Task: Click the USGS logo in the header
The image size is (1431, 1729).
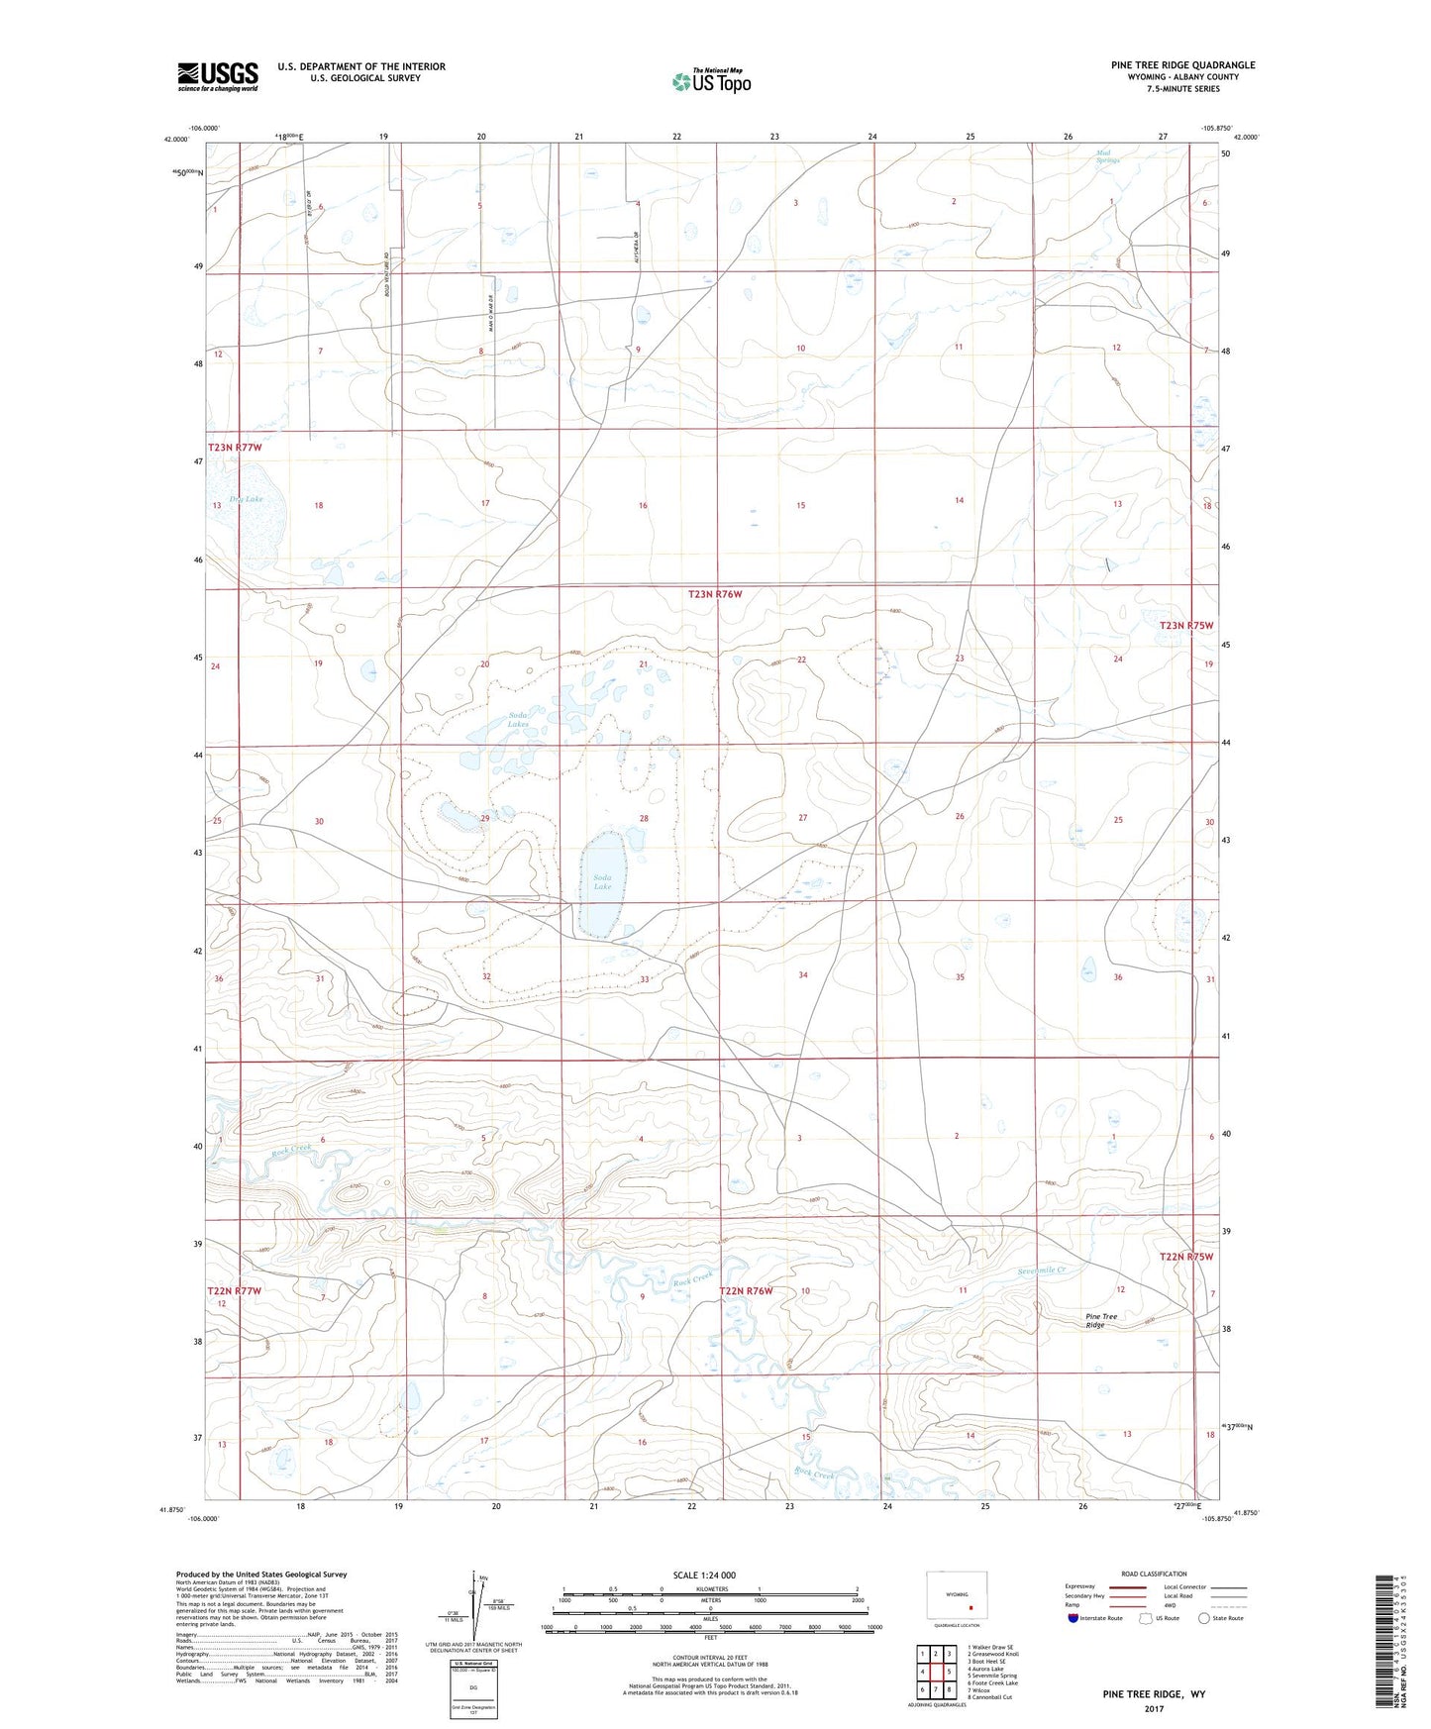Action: click(218, 75)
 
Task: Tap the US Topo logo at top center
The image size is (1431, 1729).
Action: click(710, 81)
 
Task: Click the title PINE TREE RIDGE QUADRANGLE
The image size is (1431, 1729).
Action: click(1182, 65)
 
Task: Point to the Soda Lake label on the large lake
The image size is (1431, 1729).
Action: click(602, 882)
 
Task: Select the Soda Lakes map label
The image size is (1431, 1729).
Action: click(519, 720)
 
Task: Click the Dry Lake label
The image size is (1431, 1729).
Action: click(247, 499)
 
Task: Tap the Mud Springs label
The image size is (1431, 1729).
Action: click(1107, 155)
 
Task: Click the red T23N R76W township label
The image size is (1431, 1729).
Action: click(715, 594)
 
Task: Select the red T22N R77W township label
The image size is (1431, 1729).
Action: click(235, 1291)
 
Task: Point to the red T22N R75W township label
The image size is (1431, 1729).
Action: click(1186, 1257)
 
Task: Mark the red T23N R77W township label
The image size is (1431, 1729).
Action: click(235, 448)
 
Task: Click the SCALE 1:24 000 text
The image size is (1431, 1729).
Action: click(704, 1575)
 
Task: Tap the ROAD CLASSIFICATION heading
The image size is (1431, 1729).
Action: click(1155, 1574)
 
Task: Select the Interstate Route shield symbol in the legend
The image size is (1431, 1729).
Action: click(1074, 1618)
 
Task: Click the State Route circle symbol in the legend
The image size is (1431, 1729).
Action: click(1203, 1618)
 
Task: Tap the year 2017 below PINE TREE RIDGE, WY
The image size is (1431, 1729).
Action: click(1154, 1709)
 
